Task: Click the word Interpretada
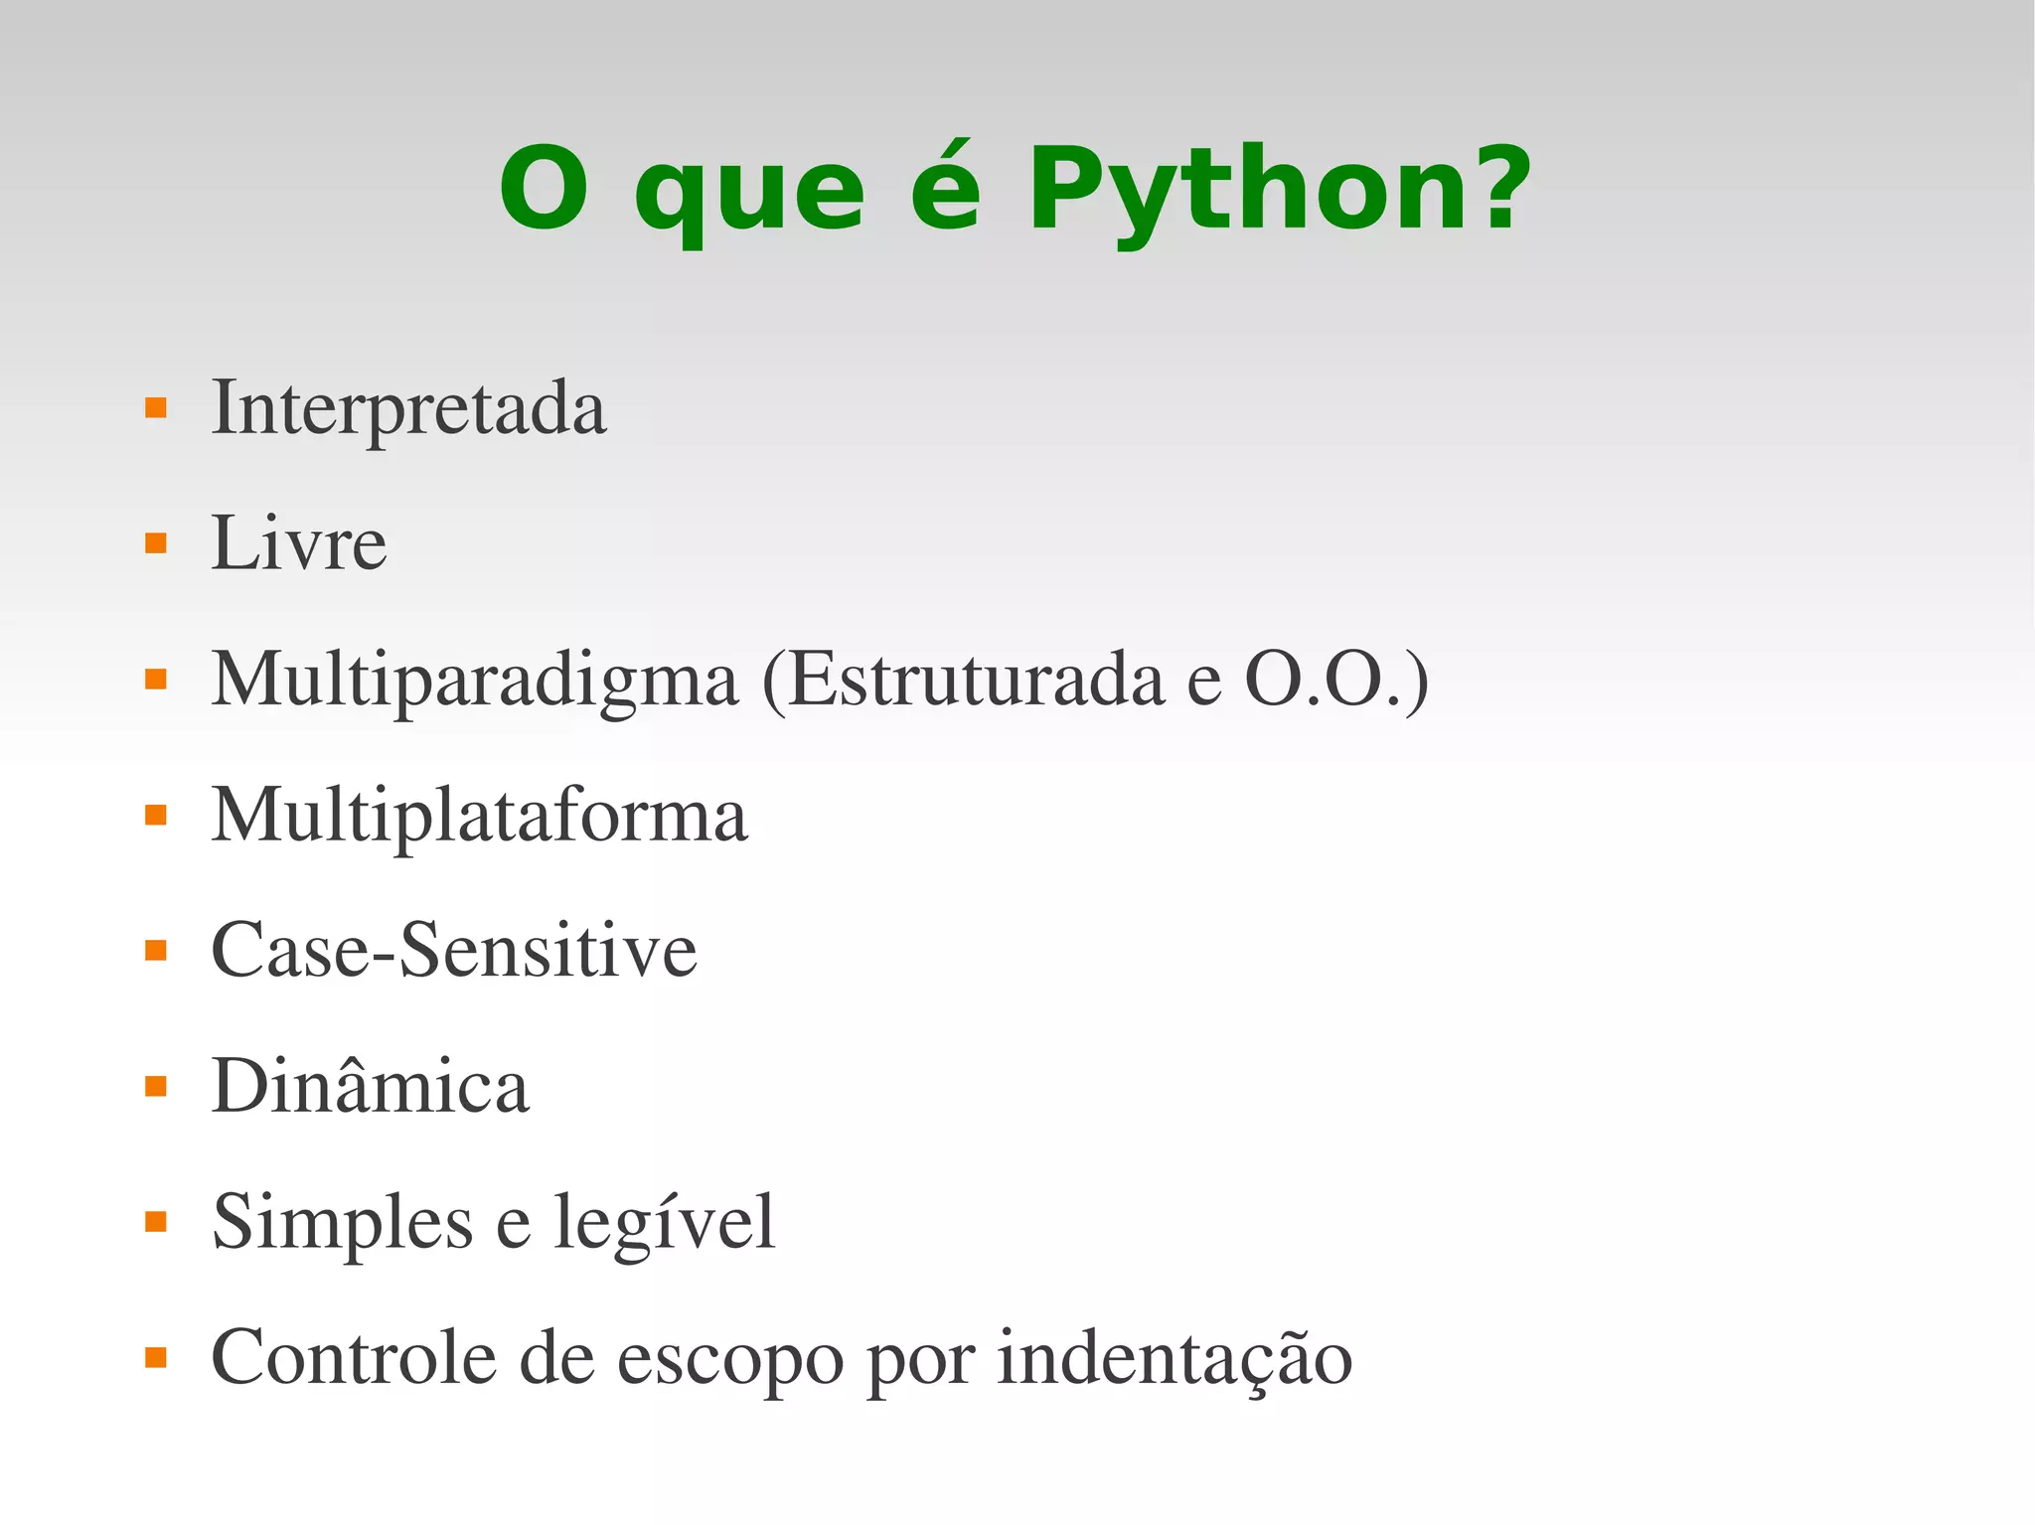pyautogui.click(x=408, y=407)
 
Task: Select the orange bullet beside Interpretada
pyautogui.click(x=156, y=407)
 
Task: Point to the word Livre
pyautogui.click(x=298, y=543)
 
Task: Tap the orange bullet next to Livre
pyautogui.click(x=156, y=543)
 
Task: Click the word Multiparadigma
pyautogui.click(x=475, y=681)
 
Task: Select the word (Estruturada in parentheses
pyautogui.click(x=962, y=681)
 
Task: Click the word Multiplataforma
pyautogui.click(x=479, y=816)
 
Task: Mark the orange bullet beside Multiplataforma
pyautogui.click(x=156, y=816)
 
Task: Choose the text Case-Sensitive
pyautogui.click(x=453, y=951)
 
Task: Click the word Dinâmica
pyautogui.click(x=370, y=1086)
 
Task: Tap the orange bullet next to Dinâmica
pyautogui.click(x=156, y=1086)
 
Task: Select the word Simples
pyautogui.click(x=342, y=1223)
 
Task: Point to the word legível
pyautogui.click(x=664, y=1223)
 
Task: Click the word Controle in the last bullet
pyautogui.click(x=353, y=1358)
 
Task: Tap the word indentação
pyautogui.click(x=1174, y=1358)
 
